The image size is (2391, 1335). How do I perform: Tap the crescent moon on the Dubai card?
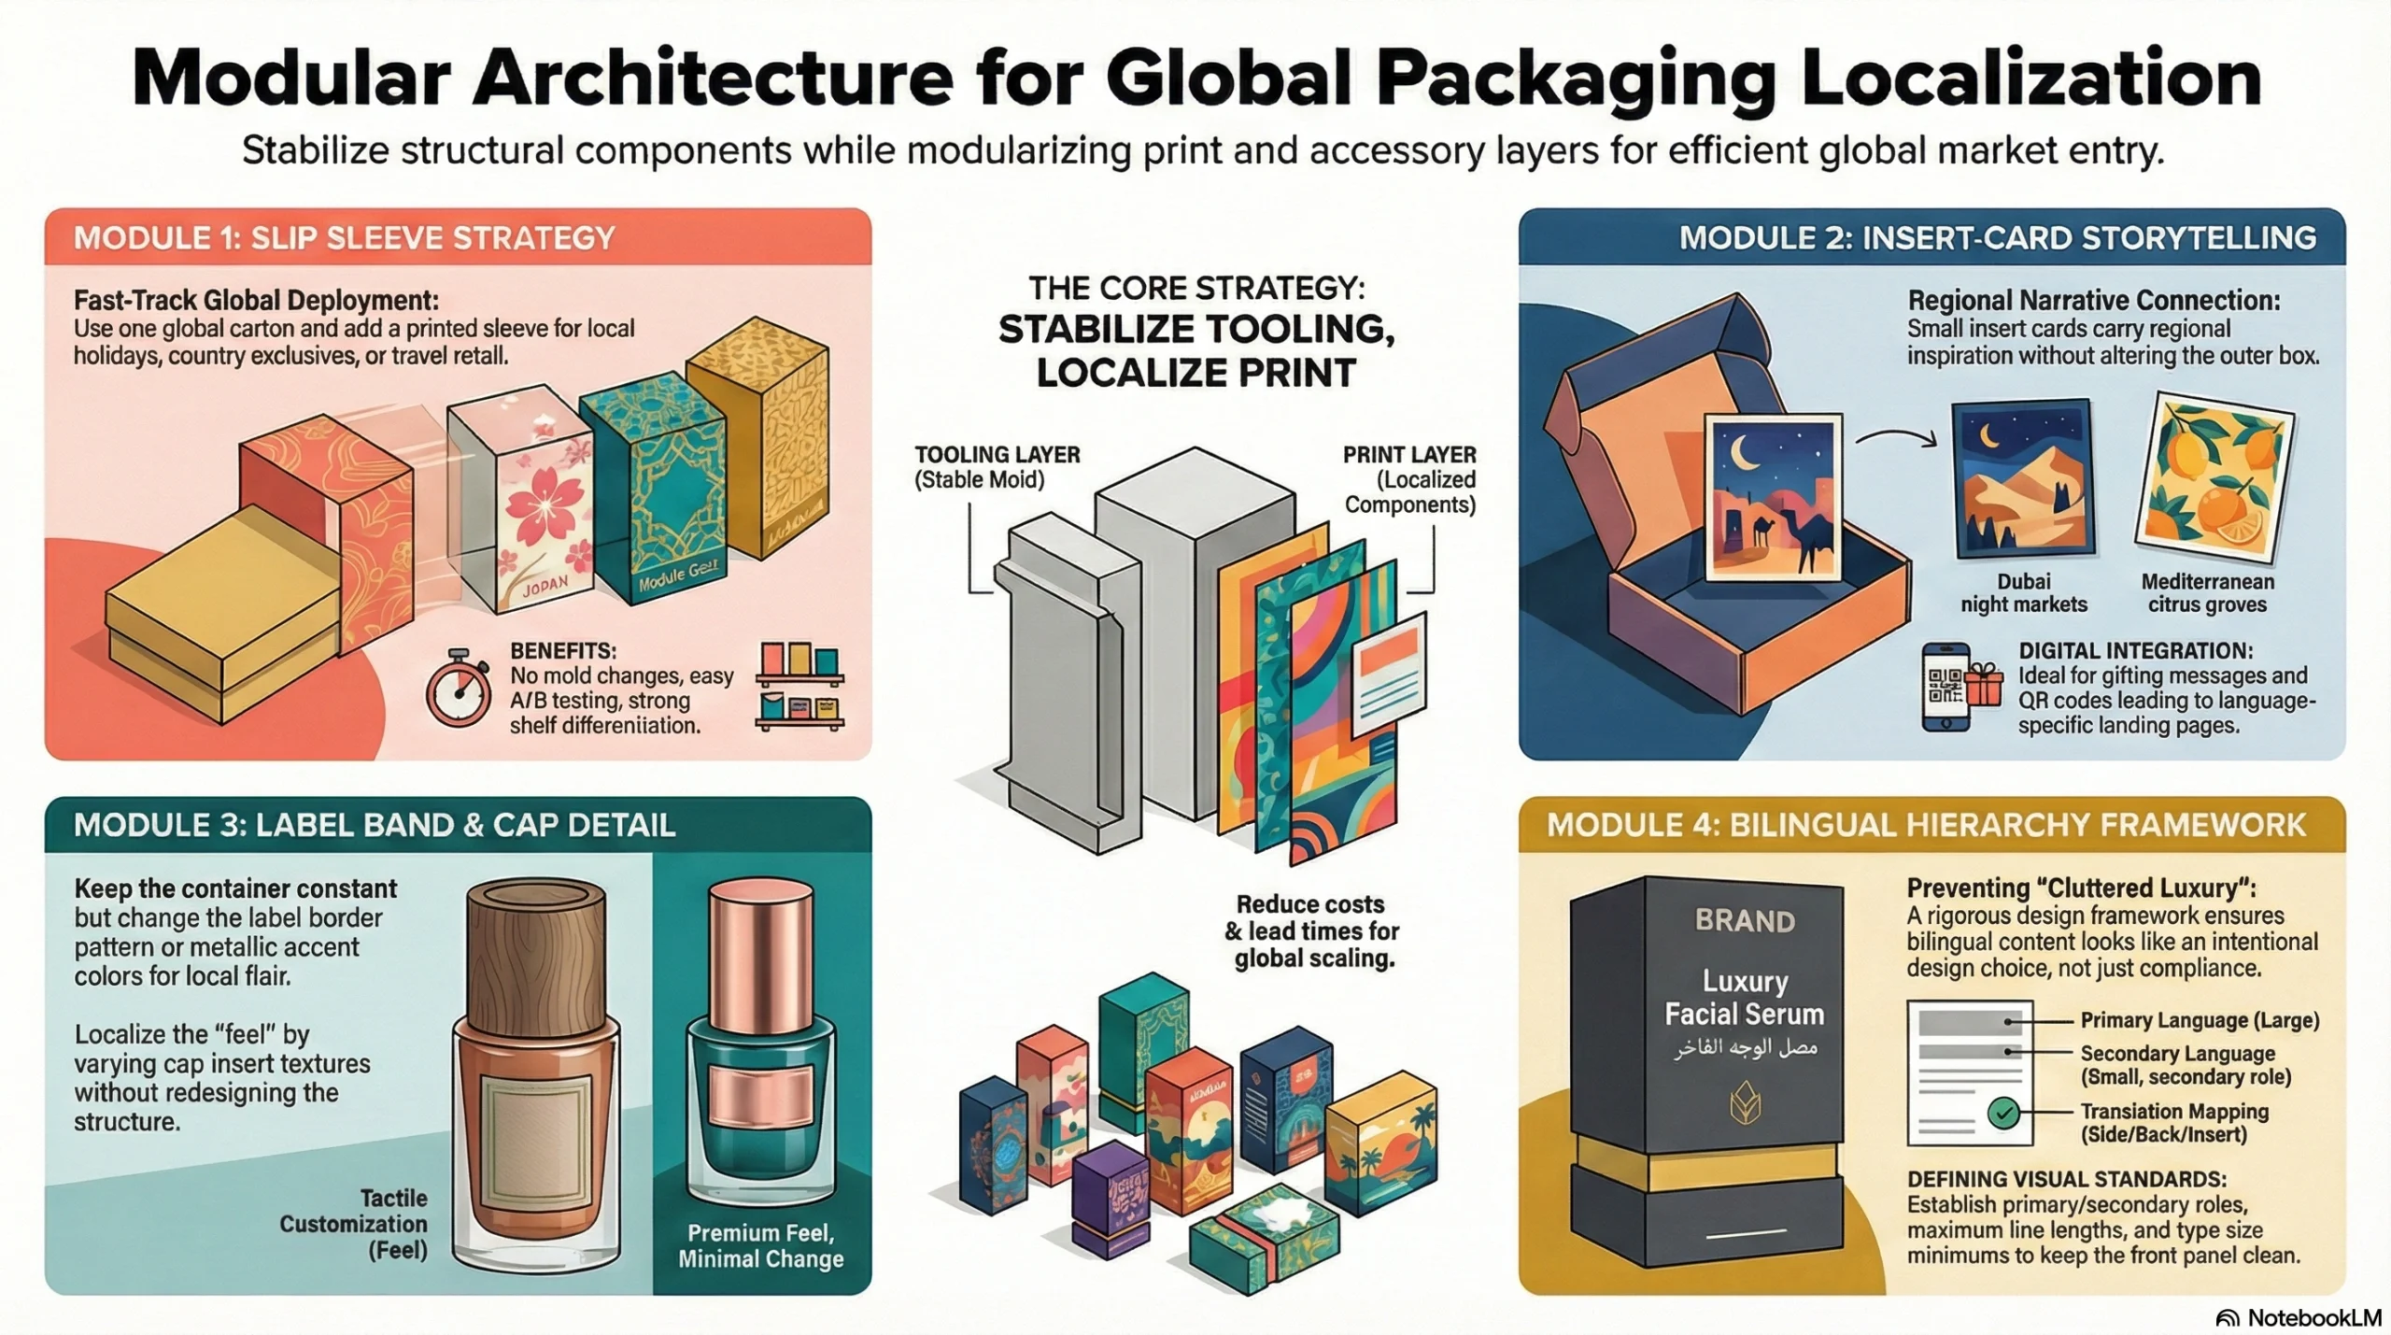pyautogui.click(x=1987, y=434)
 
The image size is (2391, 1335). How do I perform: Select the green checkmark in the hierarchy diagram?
pyautogui.click(x=2002, y=1113)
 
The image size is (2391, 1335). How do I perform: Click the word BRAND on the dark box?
pyautogui.click(x=1745, y=921)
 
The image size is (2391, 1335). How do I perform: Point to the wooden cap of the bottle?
pyautogui.click(x=536, y=948)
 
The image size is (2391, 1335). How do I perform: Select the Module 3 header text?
pyautogui.click(x=374, y=825)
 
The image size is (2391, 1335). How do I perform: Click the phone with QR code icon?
pyautogui.click(x=1945, y=687)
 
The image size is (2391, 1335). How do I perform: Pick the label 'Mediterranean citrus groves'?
pyautogui.click(x=2207, y=592)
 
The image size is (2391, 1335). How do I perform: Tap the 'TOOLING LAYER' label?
pyautogui.click(x=997, y=455)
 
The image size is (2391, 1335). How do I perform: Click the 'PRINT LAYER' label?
pyautogui.click(x=1409, y=455)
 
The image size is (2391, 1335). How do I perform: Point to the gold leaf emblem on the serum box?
pyautogui.click(x=1745, y=1104)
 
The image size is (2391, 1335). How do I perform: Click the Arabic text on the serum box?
pyautogui.click(x=1745, y=1048)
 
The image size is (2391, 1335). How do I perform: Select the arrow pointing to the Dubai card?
pyautogui.click(x=1896, y=437)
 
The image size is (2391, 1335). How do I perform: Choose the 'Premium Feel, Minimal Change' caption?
pyautogui.click(x=760, y=1245)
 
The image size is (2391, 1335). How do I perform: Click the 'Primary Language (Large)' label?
pyautogui.click(x=2200, y=1020)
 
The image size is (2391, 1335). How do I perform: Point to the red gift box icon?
pyautogui.click(x=1984, y=687)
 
